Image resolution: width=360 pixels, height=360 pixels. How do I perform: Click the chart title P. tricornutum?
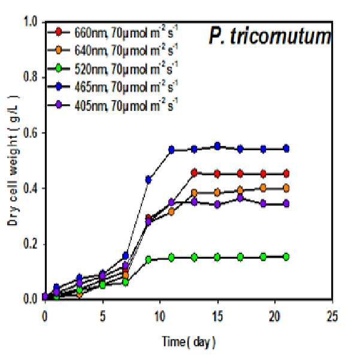270,37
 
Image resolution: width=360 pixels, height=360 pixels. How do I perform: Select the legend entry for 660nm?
113,33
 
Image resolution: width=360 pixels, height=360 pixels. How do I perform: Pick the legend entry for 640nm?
113,50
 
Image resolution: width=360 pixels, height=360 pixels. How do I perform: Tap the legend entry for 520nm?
113,68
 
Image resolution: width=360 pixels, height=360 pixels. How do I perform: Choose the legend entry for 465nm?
113,87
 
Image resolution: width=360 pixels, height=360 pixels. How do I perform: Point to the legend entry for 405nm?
113,105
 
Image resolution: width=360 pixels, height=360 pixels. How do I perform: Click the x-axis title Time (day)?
189,342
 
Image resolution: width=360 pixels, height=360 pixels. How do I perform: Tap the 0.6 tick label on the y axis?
31,133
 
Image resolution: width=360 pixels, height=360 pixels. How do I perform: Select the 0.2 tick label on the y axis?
31,244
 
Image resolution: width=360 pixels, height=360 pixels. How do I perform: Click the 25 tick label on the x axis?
332,317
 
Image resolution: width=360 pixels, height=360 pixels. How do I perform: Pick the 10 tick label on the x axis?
160,317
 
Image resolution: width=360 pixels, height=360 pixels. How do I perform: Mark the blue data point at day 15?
217,146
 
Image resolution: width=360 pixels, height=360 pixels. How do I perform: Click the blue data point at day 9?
149,179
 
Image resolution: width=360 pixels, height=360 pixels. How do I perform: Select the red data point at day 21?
286,174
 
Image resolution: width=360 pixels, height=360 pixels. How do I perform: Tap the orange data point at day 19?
264,188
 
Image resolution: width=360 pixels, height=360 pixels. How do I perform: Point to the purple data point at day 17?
240,198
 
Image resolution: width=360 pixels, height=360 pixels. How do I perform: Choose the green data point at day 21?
286,257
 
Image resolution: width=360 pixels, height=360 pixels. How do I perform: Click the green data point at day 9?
149,260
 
